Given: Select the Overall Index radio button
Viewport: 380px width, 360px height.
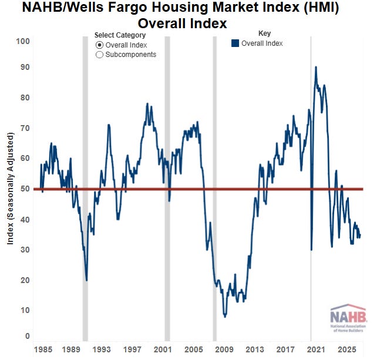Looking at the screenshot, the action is pyautogui.click(x=99, y=45).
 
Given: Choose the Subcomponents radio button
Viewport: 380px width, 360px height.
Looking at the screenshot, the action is pyautogui.click(x=99, y=55).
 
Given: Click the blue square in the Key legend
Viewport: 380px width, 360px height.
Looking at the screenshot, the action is pyautogui.click(x=236, y=43).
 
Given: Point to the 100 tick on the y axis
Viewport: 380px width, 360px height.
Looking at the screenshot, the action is pyautogui.click(x=23, y=41).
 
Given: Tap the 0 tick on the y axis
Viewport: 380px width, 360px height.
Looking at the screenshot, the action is pyautogui.click(x=28, y=336).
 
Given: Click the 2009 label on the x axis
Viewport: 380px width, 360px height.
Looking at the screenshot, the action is pyautogui.click(x=224, y=349).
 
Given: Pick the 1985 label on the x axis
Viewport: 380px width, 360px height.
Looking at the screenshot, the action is pyautogui.click(x=43, y=349).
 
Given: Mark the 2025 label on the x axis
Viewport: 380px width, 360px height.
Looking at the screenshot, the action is pyautogui.click(x=347, y=349).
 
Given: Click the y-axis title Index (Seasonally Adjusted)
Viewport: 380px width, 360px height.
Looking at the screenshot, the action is pyautogui.click(x=10, y=189).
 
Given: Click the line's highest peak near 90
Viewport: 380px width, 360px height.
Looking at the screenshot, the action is pyautogui.click(x=316, y=67).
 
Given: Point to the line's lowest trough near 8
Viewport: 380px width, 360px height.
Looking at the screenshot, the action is pyautogui.click(x=225, y=317).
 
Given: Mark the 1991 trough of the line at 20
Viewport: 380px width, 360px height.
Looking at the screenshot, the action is pyautogui.click(x=86, y=280).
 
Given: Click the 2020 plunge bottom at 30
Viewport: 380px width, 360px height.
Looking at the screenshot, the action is pyautogui.click(x=311, y=250).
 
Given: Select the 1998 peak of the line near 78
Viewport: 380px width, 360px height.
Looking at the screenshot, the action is pyautogui.click(x=147, y=104).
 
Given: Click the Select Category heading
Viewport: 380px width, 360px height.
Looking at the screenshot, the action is pyautogui.click(x=120, y=35).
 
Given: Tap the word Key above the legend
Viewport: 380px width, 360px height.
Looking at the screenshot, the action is pyautogui.click(x=265, y=33).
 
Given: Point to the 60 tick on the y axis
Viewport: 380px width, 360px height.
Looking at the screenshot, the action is pyautogui.click(x=25, y=158).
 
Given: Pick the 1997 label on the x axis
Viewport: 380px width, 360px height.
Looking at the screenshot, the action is pyautogui.click(x=132, y=349).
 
